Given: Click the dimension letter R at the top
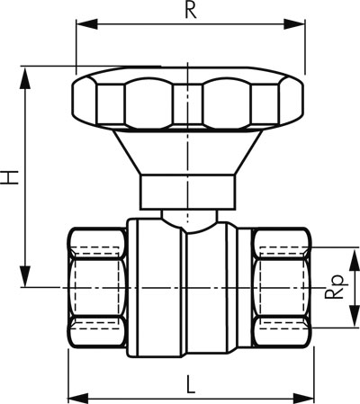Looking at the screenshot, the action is pos(190,10).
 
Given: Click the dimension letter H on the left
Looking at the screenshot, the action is pos(10,177).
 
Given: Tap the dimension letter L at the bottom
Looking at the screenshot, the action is pos(190,384).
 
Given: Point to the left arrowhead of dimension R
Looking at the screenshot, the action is pos(87,24).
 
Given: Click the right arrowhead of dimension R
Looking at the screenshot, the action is pos(294,24).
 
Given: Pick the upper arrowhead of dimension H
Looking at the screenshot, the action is pos(25,78).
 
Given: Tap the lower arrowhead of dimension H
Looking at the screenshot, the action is pos(25,276).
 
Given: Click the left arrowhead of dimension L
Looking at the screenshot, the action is pos(79,399).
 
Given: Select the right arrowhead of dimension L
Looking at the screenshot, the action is pos(303,399).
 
